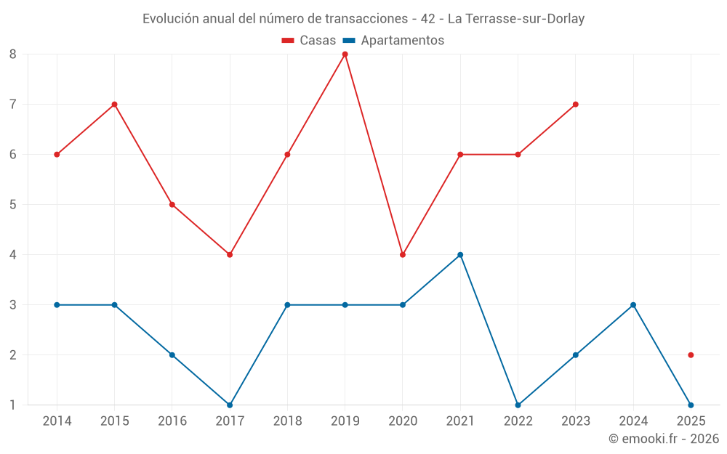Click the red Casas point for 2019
tap(345, 54)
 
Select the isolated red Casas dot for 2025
tap(691, 355)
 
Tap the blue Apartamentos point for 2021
tap(460, 255)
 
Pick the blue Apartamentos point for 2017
tap(230, 405)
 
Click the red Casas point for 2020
tap(403, 255)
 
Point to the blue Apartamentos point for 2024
tap(633, 305)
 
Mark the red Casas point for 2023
tap(575, 105)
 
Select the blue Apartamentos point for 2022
tap(518, 405)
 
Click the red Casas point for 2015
tap(114, 105)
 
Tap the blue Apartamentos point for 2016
tap(172, 355)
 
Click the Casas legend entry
tap(309, 41)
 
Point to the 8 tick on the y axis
tap(13, 54)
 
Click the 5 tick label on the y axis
tap(13, 205)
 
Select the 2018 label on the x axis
tap(287, 421)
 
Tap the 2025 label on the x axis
tap(691, 421)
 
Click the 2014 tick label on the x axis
tap(57, 421)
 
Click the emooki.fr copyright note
tap(664, 439)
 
